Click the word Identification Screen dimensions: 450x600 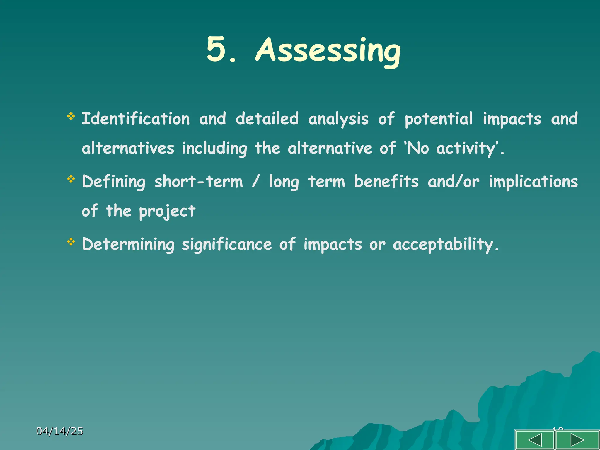pos(136,119)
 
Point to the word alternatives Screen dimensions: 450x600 pos(128,148)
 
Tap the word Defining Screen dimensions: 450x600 pos(114,182)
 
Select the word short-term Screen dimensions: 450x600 pos(199,182)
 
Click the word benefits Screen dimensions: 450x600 pos(386,182)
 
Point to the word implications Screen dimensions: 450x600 pos(533,182)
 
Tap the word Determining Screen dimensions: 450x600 pos(128,245)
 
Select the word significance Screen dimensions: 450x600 pos(227,245)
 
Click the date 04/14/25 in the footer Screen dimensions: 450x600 pos(60,431)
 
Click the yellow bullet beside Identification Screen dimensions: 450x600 pos(71,116)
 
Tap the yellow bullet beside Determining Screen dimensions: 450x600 pos(71,242)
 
